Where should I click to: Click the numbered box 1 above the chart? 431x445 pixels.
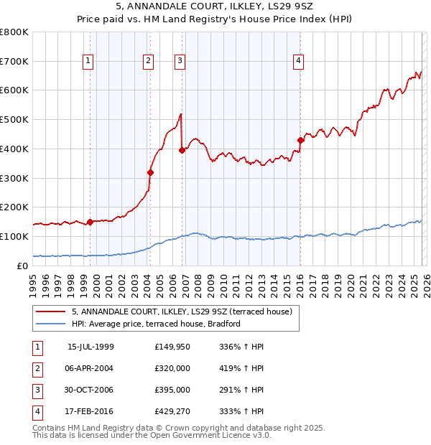pyautogui.click(x=88, y=62)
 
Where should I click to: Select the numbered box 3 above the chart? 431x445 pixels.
pyautogui.click(x=180, y=62)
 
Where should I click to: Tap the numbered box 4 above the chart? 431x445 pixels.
pyautogui.click(x=297, y=62)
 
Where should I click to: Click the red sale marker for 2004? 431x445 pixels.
pyautogui.click(x=150, y=172)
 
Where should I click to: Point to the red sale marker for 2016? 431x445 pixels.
pyautogui.click(x=300, y=140)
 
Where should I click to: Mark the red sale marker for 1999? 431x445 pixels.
pyautogui.click(x=90, y=222)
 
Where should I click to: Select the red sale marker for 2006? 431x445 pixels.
pyautogui.click(x=182, y=150)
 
